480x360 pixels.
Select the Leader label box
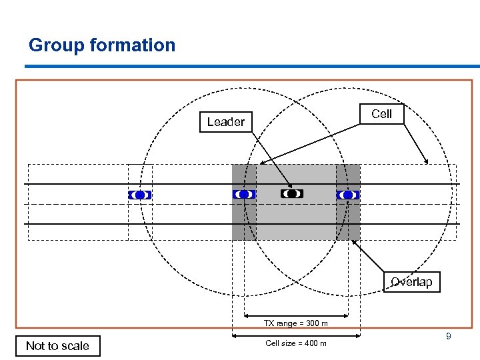[226, 122]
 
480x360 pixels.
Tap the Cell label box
[381, 114]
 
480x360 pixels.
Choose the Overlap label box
[411, 282]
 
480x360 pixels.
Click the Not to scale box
[57, 345]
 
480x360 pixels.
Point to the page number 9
[449, 337]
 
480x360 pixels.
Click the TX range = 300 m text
[295, 323]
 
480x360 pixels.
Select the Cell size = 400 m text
[295, 343]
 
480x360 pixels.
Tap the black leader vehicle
[292, 193]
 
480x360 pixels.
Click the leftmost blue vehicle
[139, 195]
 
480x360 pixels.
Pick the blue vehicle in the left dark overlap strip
[244, 194]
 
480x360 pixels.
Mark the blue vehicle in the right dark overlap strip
[347, 195]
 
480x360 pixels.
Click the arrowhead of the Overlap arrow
[354, 243]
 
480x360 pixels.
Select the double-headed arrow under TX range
[296, 316]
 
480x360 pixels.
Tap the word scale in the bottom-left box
[75, 345]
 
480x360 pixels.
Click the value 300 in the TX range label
[309, 323]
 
